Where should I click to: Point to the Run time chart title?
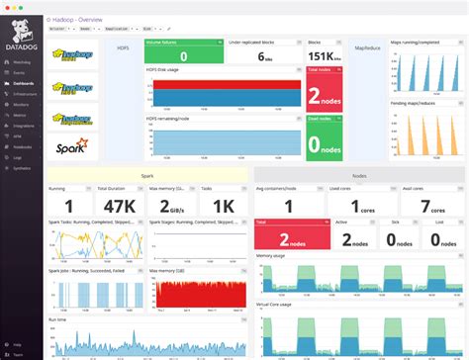(x=60, y=319)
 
